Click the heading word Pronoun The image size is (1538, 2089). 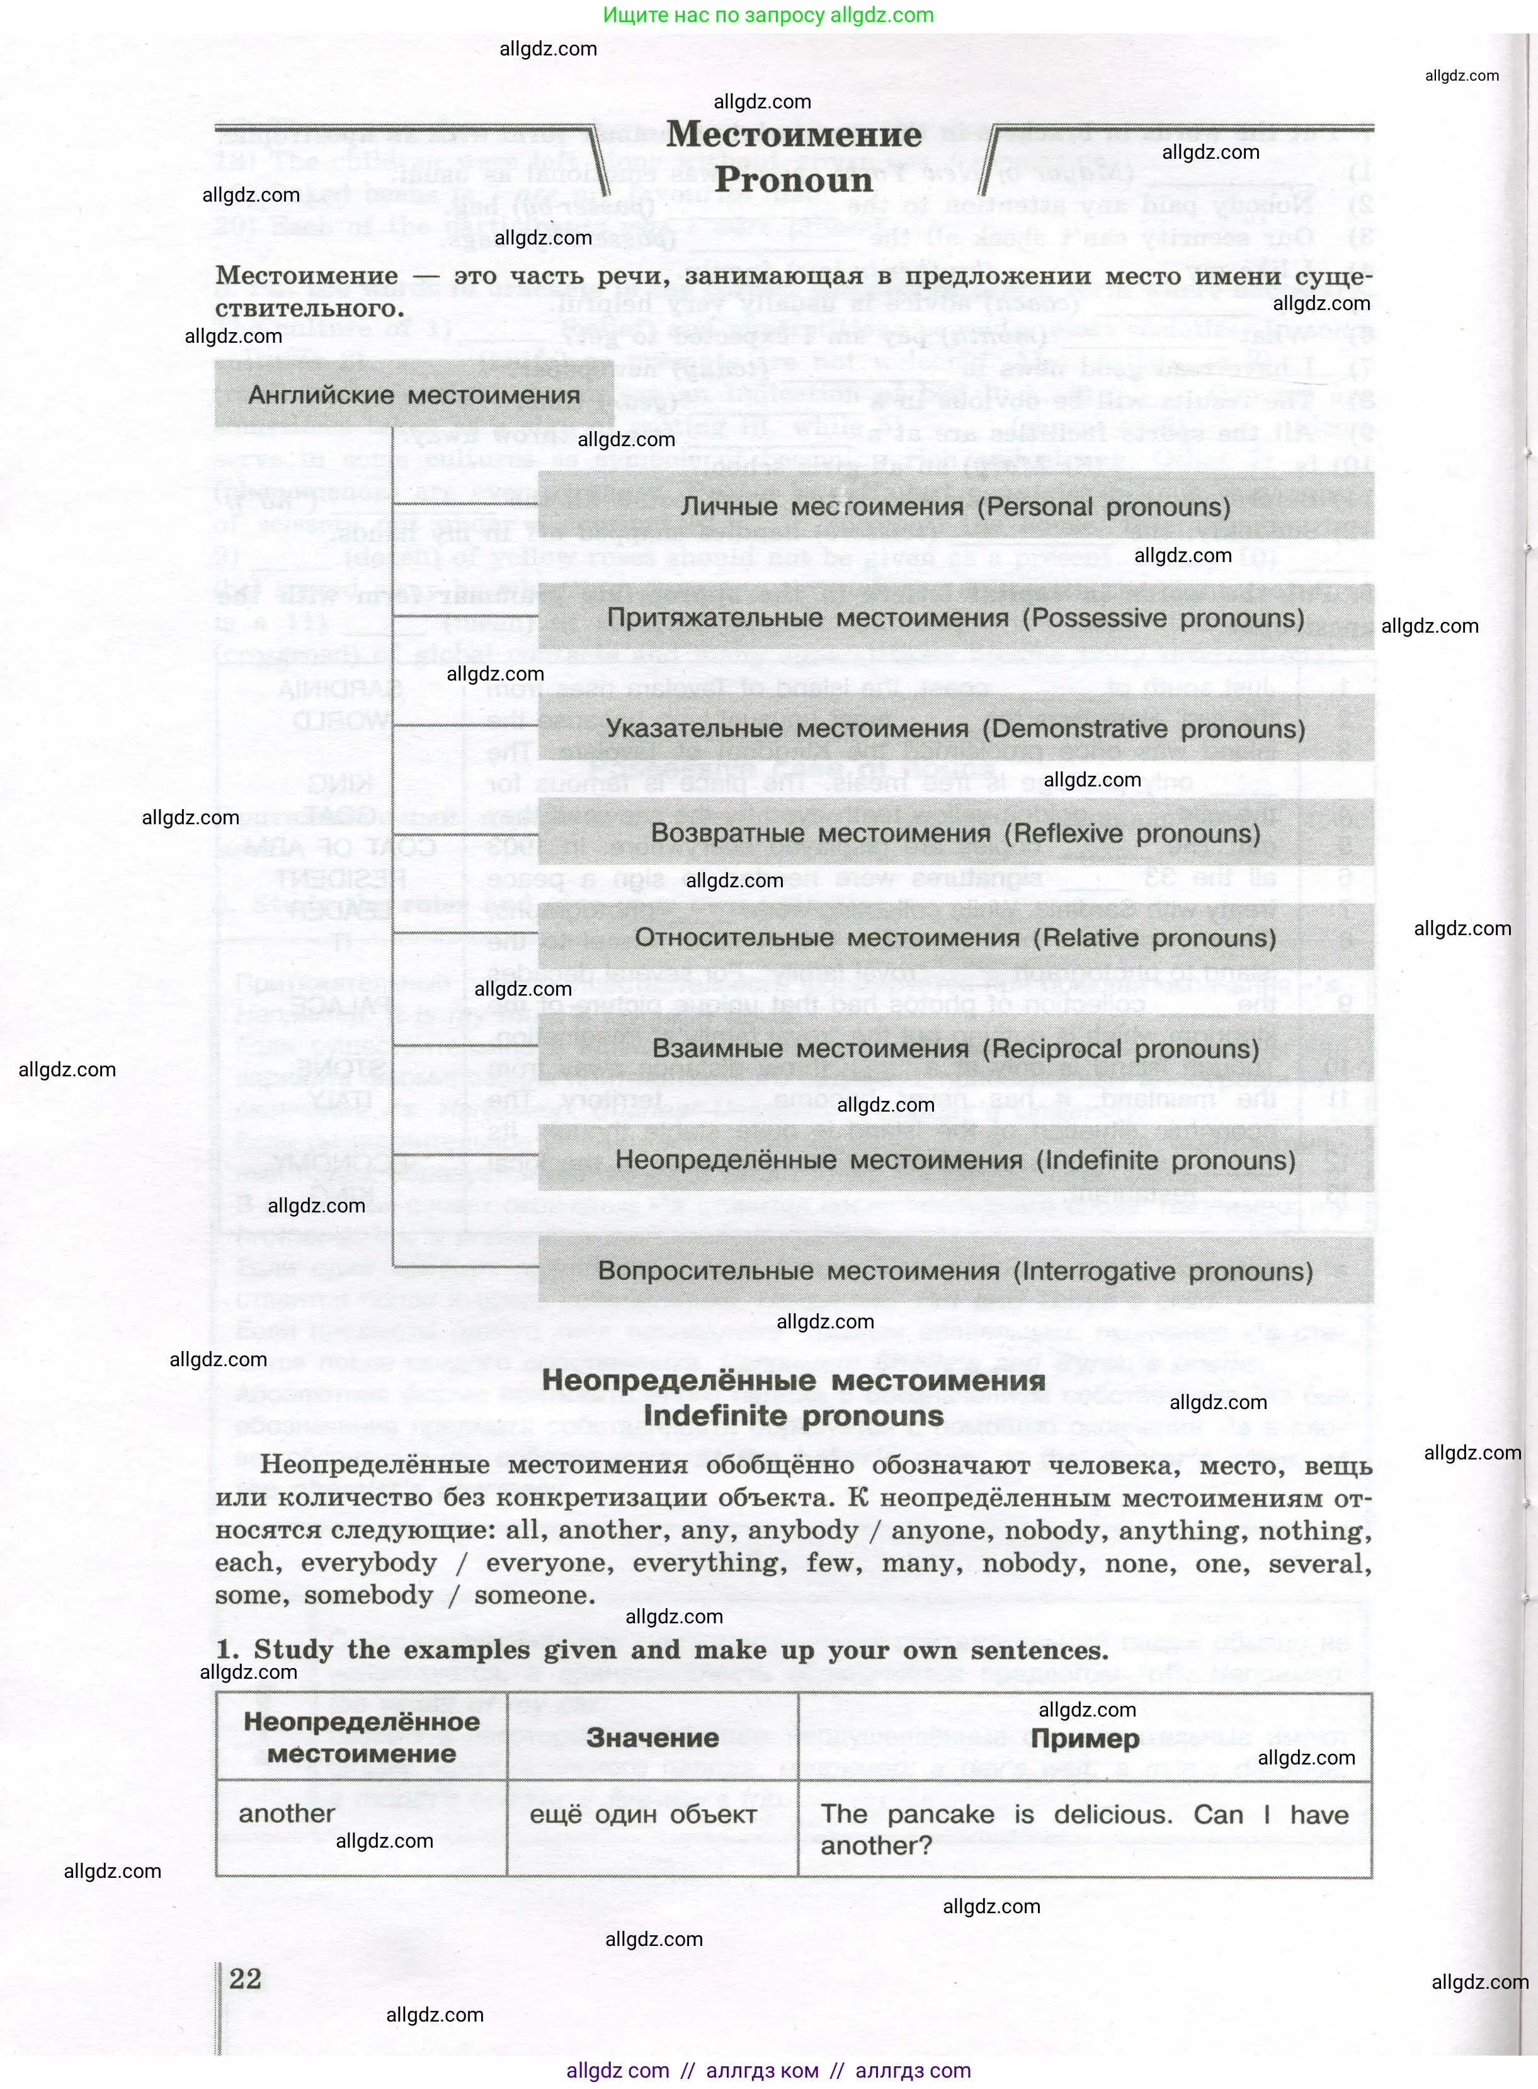point(794,180)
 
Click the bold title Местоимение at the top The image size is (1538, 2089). point(794,134)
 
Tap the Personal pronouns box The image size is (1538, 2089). point(955,507)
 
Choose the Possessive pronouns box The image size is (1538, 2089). point(955,618)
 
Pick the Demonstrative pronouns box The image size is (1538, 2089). point(955,729)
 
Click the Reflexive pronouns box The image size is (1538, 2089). point(955,834)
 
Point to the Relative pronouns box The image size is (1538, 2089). point(955,938)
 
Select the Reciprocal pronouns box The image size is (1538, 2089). point(955,1049)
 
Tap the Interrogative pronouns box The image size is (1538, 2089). point(955,1271)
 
